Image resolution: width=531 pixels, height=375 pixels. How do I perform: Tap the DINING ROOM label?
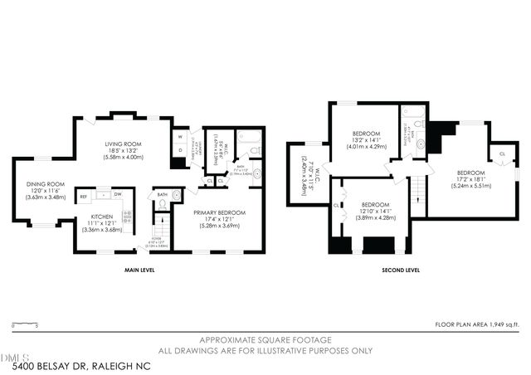click(x=46, y=187)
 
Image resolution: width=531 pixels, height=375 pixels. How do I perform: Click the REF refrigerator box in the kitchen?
click(x=84, y=196)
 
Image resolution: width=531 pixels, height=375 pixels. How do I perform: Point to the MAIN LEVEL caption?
click(x=134, y=270)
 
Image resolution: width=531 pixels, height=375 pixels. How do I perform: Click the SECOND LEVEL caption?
click(x=400, y=270)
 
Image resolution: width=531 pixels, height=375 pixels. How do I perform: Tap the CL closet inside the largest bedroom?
click(x=502, y=154)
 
